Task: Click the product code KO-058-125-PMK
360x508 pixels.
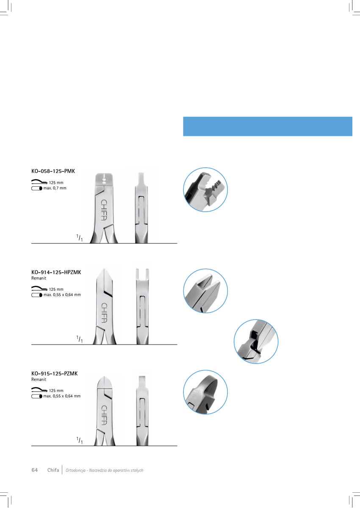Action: [x=53, y=171]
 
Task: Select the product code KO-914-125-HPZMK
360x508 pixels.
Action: [x=56, y=272]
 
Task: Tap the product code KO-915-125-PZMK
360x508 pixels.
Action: [x=55, y=373]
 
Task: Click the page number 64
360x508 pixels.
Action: [x=35, y=470]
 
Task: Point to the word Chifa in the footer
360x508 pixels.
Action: [x=53, y=470]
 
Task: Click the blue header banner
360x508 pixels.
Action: [x=268, y=126]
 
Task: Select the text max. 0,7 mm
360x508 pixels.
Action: [x=55, y=188]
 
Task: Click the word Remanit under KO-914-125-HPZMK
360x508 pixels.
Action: [x=39, y=278]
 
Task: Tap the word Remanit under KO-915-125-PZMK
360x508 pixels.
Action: [x=39, y=379]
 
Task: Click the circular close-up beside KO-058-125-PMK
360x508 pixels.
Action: [x=205, y=190]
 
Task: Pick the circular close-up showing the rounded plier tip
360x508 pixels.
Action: [x=205, y=392]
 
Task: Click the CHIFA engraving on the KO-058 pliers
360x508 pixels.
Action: [x=104, y=210]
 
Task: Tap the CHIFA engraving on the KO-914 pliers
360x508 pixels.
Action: [x=104, y=312]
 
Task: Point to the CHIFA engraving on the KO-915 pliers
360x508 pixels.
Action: [x=104, y=415]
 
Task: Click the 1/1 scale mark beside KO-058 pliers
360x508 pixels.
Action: [x=79, y=238]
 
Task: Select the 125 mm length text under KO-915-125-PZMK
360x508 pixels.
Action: [x=56, y=390]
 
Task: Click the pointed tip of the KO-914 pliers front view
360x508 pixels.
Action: [x=104, y=269]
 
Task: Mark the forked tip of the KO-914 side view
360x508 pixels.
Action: [x=142, y=274]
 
